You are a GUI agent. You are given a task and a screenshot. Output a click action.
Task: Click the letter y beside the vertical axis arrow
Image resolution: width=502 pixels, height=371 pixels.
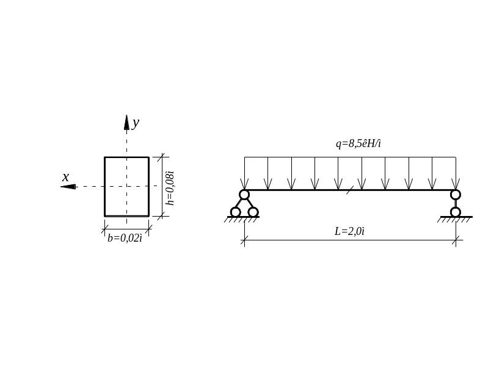[136, 123]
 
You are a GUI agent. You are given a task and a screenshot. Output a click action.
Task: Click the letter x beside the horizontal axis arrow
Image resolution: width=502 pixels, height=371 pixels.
[65, 178]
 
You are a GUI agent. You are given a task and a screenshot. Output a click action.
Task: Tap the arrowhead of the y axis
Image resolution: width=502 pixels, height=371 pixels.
[126, 122]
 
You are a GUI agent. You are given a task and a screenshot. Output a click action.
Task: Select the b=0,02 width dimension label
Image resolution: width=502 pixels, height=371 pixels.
[125, 237]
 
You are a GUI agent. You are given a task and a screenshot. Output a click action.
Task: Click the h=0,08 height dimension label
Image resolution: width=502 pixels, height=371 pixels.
[170, 188]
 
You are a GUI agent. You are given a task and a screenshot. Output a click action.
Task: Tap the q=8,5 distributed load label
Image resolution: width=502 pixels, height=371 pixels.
[358, 144]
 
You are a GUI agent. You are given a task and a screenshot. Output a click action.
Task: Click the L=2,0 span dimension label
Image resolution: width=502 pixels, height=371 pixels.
[350, 231]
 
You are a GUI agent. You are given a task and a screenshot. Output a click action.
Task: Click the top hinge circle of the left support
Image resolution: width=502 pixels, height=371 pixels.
[244, 195]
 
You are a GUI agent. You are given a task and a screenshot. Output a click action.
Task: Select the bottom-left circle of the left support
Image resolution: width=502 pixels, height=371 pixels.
[235, 212]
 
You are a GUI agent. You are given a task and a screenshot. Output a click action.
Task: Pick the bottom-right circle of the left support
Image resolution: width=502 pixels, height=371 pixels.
[253, 212]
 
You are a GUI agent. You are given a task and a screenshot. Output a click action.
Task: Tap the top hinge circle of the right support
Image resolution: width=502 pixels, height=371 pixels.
[456, 195]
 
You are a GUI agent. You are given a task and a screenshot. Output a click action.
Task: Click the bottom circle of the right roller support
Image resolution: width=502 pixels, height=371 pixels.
[456, 212]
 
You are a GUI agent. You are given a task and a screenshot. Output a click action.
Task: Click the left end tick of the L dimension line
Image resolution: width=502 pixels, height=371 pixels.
[244, 240]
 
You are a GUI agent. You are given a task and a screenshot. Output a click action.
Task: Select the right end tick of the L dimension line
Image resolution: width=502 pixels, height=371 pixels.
[456, 240]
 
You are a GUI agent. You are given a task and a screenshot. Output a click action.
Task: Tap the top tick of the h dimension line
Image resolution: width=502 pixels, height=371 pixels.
[161, 157]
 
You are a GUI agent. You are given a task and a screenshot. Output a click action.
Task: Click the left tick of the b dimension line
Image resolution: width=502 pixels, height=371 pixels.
[104, 229]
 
